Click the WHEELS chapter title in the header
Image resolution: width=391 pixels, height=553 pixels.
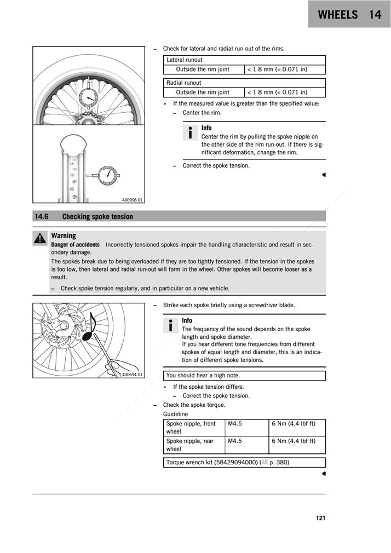[x=337, y=15]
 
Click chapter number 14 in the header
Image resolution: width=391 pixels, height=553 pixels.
[x=375, y=15]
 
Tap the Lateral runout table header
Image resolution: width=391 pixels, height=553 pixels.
[x=185, y=60]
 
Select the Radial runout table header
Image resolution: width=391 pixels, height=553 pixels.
[x=184, y=83]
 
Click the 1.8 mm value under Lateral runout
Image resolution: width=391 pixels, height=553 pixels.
[x=277, y=70]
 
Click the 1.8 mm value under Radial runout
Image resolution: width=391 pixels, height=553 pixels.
[x=277, y=93]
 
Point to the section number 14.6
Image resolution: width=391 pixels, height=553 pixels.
[x=42, y=217]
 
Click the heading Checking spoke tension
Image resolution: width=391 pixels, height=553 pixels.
[x=97, y=217]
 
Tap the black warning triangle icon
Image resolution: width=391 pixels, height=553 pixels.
[x=39, y=238]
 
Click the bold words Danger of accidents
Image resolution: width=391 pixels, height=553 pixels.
[x=76, y=245]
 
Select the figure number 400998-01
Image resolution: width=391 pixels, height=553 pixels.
[x=132, y=200]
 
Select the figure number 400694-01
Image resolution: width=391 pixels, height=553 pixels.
[x=132, y=375]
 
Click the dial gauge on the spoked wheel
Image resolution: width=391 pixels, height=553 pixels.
[x=88, y=99]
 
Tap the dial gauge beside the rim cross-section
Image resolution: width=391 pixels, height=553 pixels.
[x=107, y=176]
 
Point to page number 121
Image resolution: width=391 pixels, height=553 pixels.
[x=320, y=518]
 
